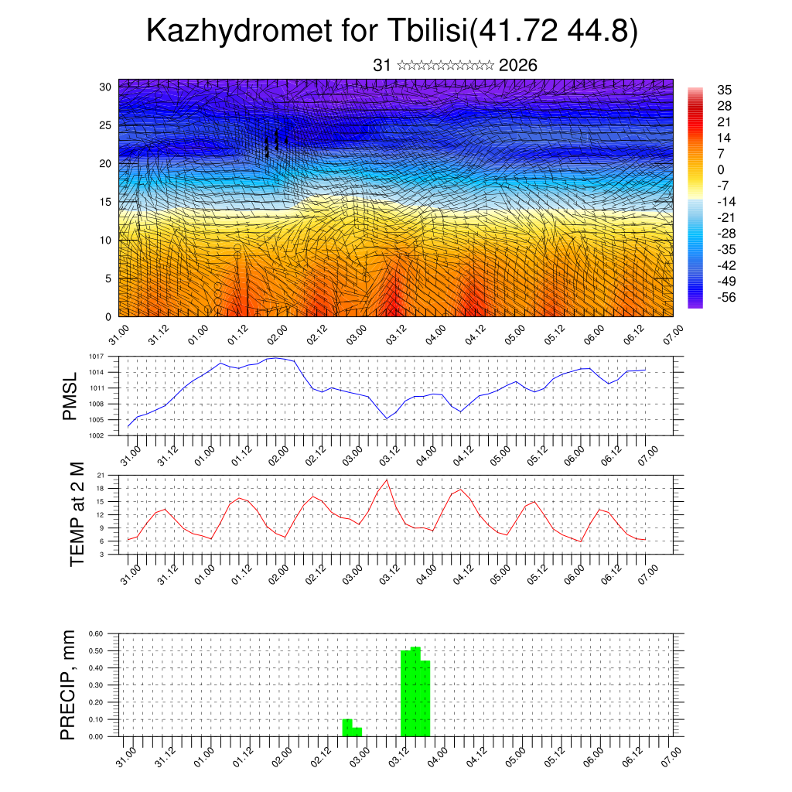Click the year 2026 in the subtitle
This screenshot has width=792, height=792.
click(x=518, y=65)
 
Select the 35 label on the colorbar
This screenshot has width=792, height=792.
click(x=725, y=90)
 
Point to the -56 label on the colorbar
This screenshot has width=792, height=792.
click(x=727, y=296)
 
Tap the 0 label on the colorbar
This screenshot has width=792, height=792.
click(x=721, y=169)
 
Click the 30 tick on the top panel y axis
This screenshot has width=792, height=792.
click(x=104, y=87)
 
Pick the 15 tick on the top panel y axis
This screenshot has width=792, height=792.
click(x=104, y=202)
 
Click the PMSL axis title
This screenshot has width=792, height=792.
click(x=70, y=396)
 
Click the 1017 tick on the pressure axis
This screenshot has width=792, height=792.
click(x=97, y=357)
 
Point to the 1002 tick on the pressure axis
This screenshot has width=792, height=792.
click(x=97, y=435)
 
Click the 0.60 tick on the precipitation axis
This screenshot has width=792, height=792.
click(x=96, y=633)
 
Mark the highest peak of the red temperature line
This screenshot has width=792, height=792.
click(x=387, y=480)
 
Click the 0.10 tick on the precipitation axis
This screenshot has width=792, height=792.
click(x=96, y=719)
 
